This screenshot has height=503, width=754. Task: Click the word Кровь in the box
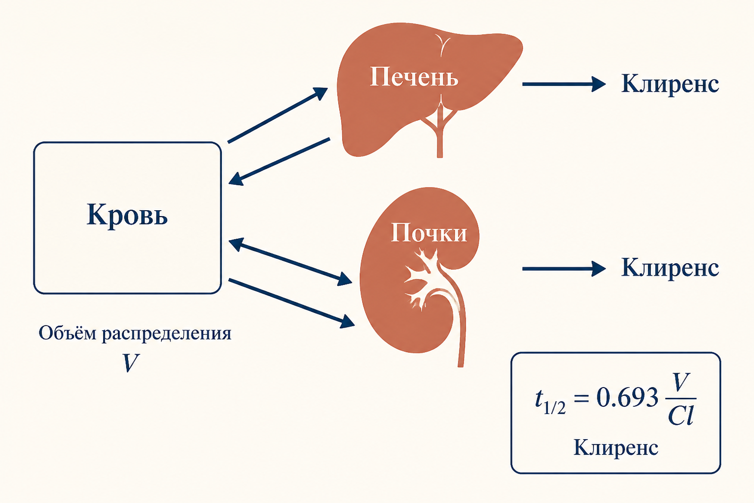tap(127, 215)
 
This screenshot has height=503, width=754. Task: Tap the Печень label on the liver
tap(414, 77)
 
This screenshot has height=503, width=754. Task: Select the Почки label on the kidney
tap(429, 232)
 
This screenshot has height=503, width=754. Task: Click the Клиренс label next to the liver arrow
tap(670, 84)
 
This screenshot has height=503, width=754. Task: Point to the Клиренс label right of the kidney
tap(670, 268)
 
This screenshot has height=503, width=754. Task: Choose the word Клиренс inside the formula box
tap(616, 448)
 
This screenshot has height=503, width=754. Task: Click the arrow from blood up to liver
tap(278, 115)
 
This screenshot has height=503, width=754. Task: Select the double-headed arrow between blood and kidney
tap(290, 262)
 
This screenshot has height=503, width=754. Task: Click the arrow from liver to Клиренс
tap(564, 84)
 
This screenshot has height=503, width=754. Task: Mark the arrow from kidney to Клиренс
tap(564, 269)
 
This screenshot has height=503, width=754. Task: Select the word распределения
tap(167, 334)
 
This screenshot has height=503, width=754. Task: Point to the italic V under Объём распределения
tap(130, 363)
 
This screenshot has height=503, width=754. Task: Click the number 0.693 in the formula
tap(627, 397)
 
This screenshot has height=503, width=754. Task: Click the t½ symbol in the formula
tap(550, 401)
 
